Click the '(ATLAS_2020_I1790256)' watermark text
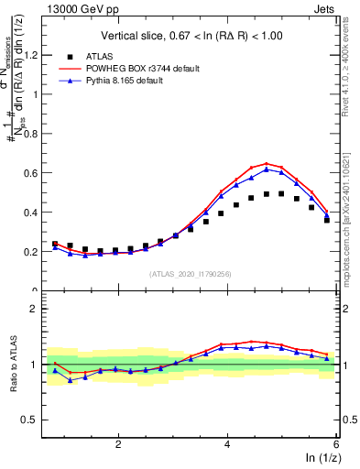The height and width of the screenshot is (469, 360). [191, 274]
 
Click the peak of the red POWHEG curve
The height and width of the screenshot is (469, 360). [267, 163]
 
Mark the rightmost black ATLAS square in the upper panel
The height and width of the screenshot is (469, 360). [327, 220]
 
